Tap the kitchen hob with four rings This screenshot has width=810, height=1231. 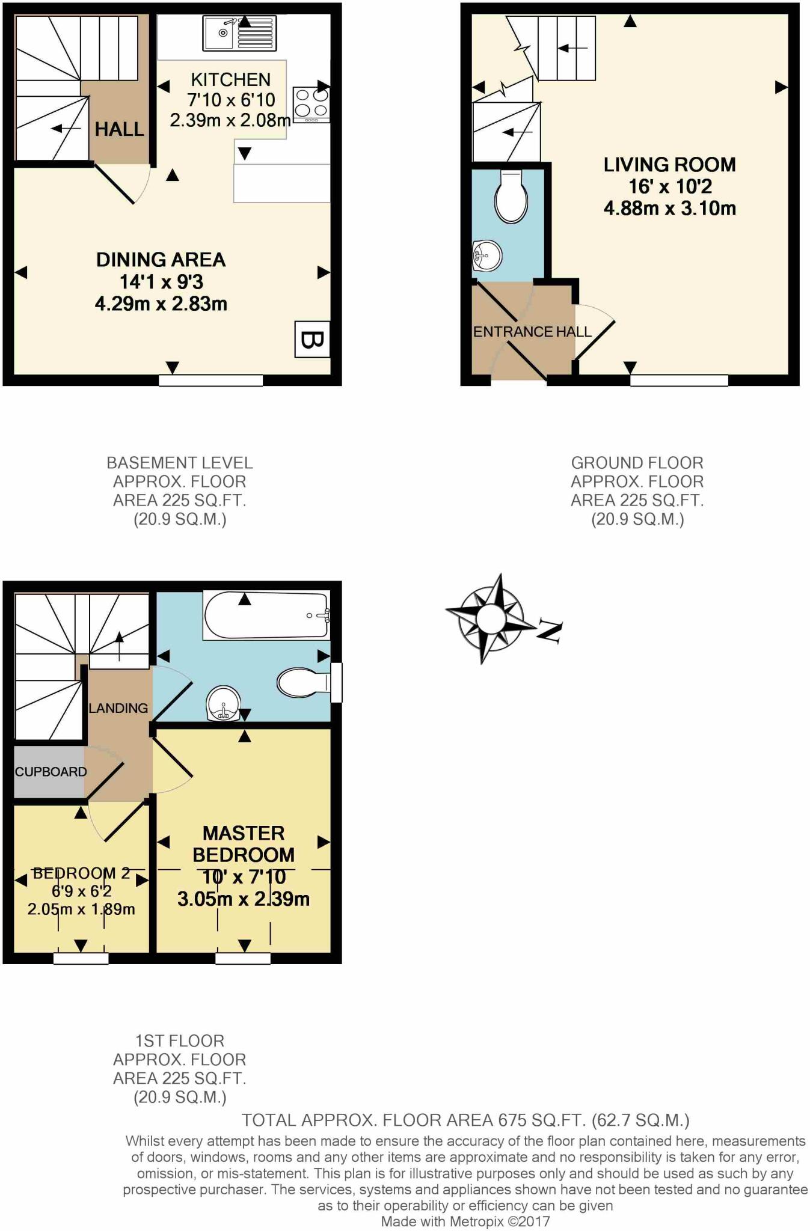[x=311, y=104]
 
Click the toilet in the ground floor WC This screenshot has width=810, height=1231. [x=511, y=197]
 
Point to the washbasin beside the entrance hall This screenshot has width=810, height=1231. [x=487, y=256]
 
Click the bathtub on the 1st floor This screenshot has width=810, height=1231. [x=266, y=615]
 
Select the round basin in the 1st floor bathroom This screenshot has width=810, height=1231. [x=223, y=704]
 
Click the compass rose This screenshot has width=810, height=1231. [x=491, y=618]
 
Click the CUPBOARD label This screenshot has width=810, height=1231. [x=51, y=772]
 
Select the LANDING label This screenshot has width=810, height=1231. [x=118, y=708]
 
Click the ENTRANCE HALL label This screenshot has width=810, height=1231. [x=532, y=332]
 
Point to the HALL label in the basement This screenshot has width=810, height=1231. [x=119, y=129]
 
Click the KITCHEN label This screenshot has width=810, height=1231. [x=231, y=79]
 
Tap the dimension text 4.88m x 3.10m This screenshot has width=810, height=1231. [x=669, y=209]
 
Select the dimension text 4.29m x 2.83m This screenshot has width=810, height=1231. [x=161, y=304]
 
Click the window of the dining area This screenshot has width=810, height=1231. [x=211, y=380]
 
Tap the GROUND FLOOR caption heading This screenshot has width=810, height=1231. [x=637, y=463]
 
